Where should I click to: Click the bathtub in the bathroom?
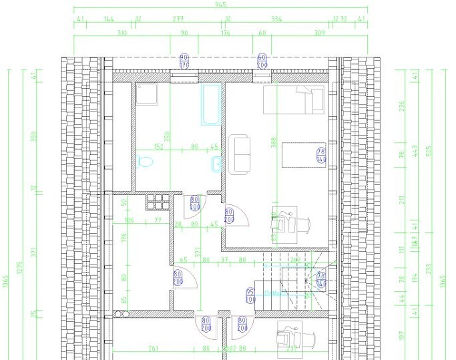coord(210,104)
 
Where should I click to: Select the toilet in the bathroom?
coord(144,162)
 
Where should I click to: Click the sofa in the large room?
coord(239,154)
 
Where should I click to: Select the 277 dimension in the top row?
coord(178,19)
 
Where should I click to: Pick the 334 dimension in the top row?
coord(277,19)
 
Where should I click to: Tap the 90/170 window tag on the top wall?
coord(185,61)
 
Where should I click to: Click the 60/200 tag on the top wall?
coord(262,61)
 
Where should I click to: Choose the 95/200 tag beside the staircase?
coord(251,295)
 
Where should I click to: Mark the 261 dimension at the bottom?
coord(153,348)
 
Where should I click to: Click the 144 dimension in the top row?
coord(109,19)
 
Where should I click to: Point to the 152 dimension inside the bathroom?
coord(159,147)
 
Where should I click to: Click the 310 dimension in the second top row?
coord(122,32)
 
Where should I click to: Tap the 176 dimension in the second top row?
coord(226,32)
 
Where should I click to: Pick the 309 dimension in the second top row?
coord(319,32)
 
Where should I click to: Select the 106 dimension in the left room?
coord(129,220)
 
